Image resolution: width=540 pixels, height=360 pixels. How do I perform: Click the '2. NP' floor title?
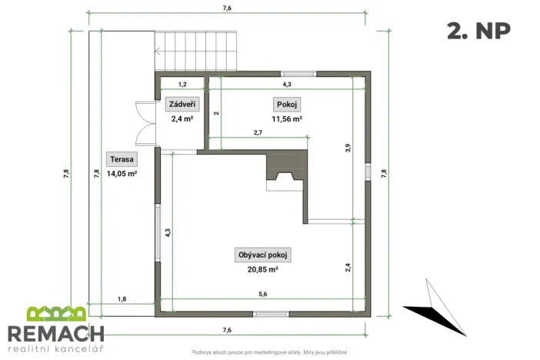(478, 31)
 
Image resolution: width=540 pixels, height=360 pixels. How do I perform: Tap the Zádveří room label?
(182, 104)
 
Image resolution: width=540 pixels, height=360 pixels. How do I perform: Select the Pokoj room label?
(285, 104)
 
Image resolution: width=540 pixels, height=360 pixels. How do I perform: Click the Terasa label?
(122, 159)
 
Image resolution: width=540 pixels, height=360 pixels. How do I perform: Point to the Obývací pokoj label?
(262, 255)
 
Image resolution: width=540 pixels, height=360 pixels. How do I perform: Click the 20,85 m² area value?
(262, 269)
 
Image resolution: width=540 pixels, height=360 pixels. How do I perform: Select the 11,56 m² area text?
(286, 119)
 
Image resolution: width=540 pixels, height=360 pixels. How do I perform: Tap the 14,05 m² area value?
(122, 174)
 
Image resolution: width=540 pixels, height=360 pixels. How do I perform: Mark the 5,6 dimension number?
(263, 294)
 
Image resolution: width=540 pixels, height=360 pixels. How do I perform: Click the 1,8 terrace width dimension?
(122, 298)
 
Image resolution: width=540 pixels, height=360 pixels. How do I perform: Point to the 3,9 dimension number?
(348, 148)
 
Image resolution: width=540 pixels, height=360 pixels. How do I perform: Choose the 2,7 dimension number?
(258, 133)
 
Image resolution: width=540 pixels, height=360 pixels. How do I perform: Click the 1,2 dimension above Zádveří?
(183, 84)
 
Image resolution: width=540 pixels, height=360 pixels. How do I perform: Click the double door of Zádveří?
(145, 123)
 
